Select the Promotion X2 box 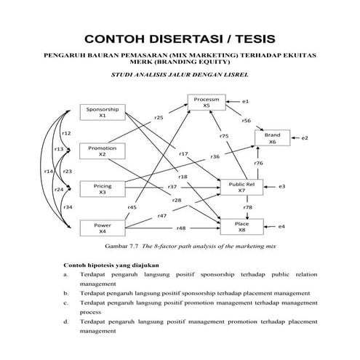[102, 151]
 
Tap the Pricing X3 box [102, 190]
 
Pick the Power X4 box [102, 228]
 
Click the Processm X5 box [207, 102]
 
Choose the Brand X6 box [272, 138]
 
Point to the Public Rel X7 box [241, 187]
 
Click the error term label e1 [247, 100]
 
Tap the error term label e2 [305, 137]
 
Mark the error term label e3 [281, 187]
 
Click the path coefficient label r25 [159, 116]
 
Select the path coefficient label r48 [180, 228]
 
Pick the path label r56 [247, 121]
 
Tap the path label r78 [248, 207]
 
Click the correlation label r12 [65, 133]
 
